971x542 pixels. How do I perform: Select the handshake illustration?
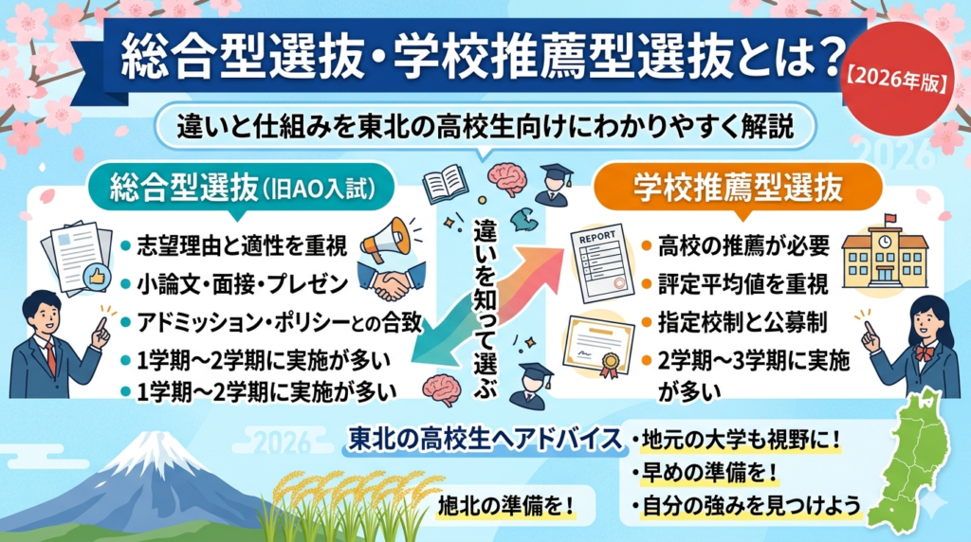click(392, 282)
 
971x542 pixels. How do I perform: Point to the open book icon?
click(445, 185)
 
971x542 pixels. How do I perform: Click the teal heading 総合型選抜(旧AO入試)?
click(243, 188)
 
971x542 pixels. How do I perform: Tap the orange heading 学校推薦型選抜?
click(738, 187)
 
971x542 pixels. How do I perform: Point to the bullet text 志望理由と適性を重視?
click(242, 246)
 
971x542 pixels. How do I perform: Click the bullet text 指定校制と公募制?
click(742, 322)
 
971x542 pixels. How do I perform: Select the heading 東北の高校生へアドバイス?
click(485, 440)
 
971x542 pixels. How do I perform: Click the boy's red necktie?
click(52, 360)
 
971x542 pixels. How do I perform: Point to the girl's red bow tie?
click(924, 352)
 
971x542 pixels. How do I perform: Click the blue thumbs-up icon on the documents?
click(98, 278)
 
